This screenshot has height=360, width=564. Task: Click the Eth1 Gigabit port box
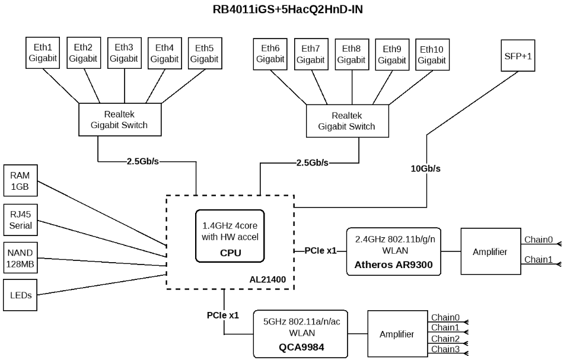click(42, 52)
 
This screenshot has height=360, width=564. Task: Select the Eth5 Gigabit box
click(204, 52)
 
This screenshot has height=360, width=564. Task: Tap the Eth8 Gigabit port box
click(351, 54)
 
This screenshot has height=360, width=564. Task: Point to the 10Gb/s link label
click(426, 168)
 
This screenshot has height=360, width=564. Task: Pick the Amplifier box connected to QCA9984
click(397, 334)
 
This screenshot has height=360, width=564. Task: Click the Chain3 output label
click(445, 349)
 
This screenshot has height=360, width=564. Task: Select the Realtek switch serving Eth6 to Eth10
click(347, 121)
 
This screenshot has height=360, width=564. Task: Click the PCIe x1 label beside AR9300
click(321, 251)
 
